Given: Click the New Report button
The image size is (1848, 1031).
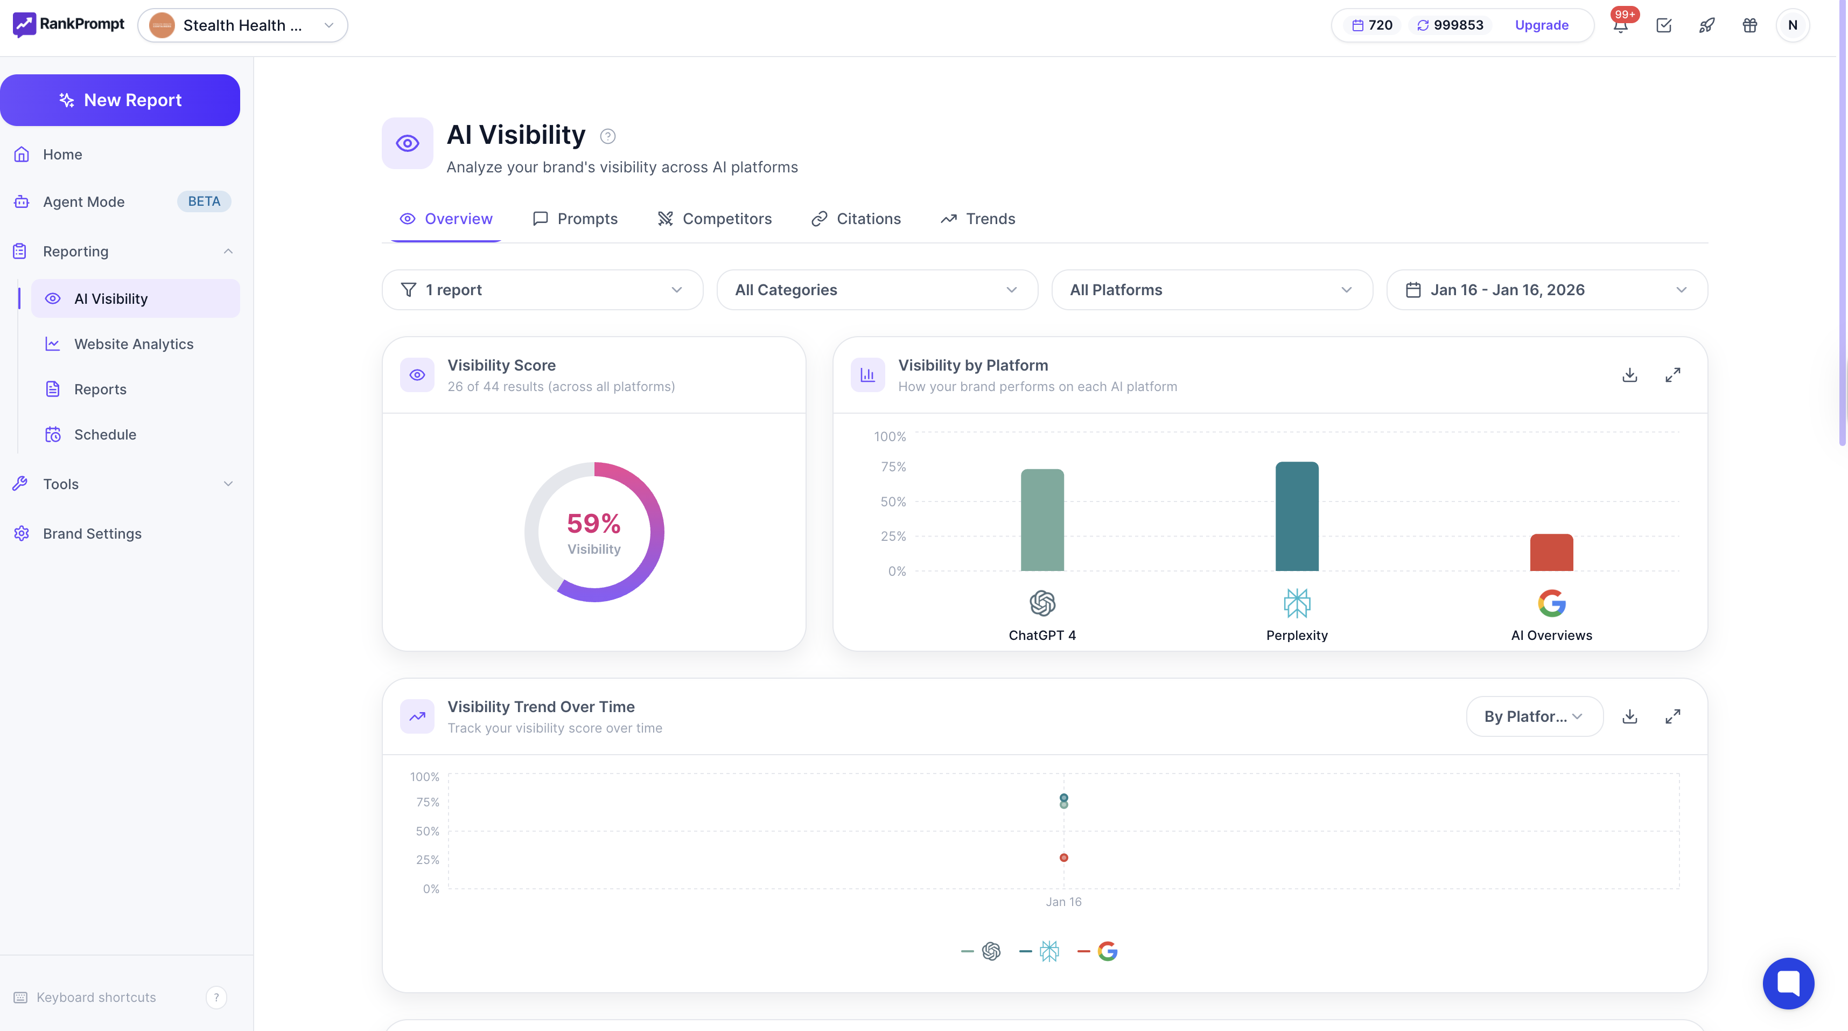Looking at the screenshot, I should [120, 100].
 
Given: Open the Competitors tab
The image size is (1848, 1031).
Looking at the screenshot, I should [715, 219].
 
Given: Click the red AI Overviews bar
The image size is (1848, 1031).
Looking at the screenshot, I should [1551, 553].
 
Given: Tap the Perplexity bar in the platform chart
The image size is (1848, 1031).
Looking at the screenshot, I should [1296, 517].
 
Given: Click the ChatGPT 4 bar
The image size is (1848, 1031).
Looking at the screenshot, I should [1041, 520].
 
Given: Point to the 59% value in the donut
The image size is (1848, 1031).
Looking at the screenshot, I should [593, 524].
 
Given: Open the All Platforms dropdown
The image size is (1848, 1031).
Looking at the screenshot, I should [1212, 290].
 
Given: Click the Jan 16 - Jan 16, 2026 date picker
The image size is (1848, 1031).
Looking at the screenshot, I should [1546, 290].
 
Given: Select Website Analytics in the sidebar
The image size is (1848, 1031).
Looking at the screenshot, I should [134, 344].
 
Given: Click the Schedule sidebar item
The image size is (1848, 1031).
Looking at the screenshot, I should [105, 434].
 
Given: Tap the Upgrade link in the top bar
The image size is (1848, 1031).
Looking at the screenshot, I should [1541, 25].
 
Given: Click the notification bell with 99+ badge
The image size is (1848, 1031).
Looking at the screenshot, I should [1620, 26].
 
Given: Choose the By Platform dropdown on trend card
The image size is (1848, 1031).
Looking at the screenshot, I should [1534, 716].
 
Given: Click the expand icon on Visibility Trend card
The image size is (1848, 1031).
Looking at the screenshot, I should [1672, 716].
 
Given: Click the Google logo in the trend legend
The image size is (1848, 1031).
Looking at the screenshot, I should [1107, 951].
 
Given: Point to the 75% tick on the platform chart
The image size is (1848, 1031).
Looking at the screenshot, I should [893, 467].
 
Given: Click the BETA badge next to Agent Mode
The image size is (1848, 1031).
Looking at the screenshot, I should [204, 201].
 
